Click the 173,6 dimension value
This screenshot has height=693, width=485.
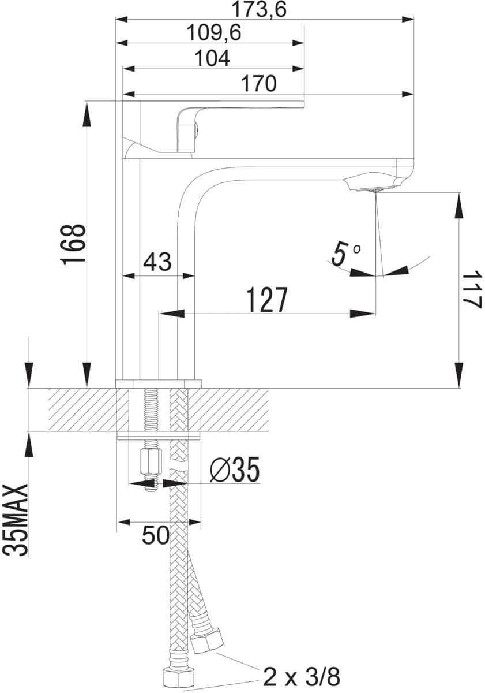tap(259, 9)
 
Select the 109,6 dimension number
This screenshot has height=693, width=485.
tap(214, 33)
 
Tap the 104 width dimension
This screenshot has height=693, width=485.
tap(213, 58)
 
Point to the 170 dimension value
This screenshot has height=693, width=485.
tap(258, 84)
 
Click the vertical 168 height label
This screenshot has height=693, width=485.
tap(74, 245)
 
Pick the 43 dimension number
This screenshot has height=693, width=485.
tap(157, 262)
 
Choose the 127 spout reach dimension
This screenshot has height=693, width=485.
tap(267, 300)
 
